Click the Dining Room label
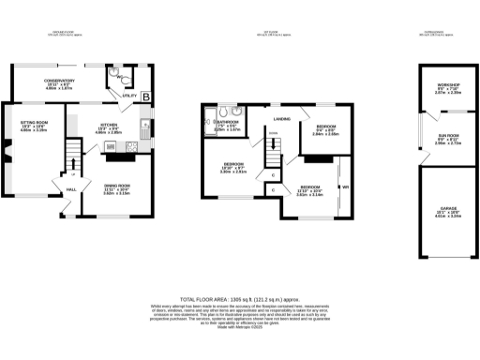click(x=116, y=186)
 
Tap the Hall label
click(x=71, y=191)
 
